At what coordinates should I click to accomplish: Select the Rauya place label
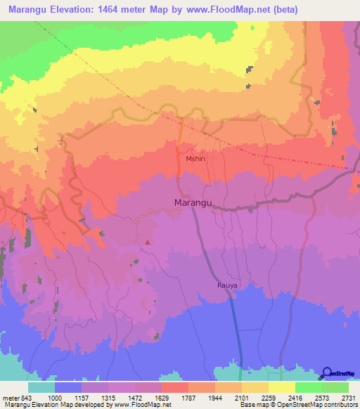227,286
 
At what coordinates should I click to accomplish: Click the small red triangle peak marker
148,243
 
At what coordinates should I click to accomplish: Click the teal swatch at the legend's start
41,388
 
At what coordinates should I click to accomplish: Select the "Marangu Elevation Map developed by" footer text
53,404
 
